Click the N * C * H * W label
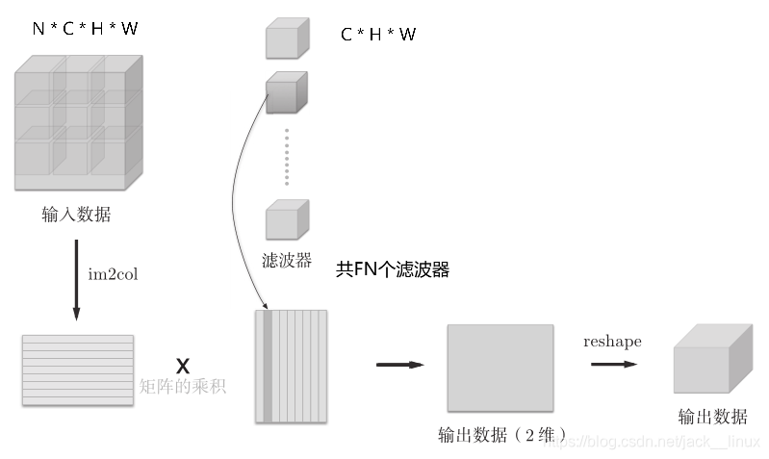click(x=85, y=29)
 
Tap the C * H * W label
click(x=378, y=36)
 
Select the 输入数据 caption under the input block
click(x=76, y=215)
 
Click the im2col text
click(x=115, y=274)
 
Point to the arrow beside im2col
click(x=76, y=279)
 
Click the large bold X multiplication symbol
click(x=183, y=366)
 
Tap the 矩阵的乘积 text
click(x=182, y=388)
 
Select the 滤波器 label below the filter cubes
click(x=287, y=261)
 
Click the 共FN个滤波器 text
click(x=392, y=270)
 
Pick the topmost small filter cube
click(x=286, y=40)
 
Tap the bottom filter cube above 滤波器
click(x=286, y=220)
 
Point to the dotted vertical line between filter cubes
click(x=286, y=155)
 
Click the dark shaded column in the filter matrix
click(x=267, y=366)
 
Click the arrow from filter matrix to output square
click(x=399, y=365)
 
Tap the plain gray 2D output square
click(x=500, y=368)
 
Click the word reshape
click(x=612, y=343)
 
